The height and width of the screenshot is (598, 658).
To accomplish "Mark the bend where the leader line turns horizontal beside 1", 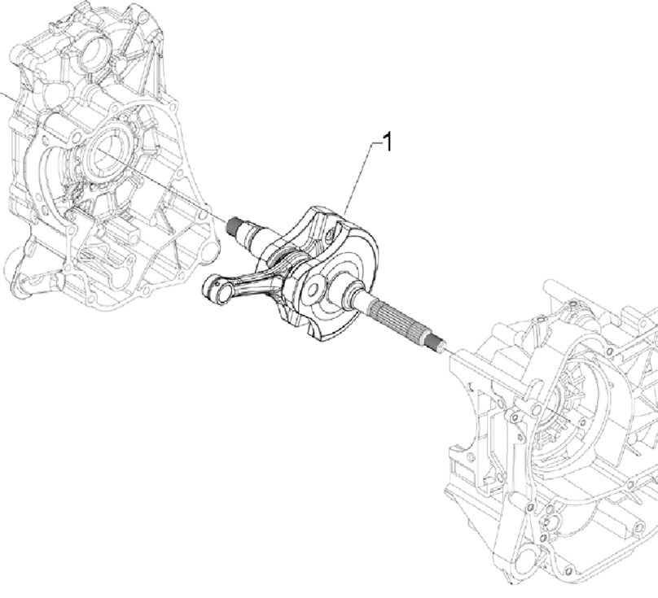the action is tap(373, 143).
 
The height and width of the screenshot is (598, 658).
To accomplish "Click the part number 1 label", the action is tap(388, 142).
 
